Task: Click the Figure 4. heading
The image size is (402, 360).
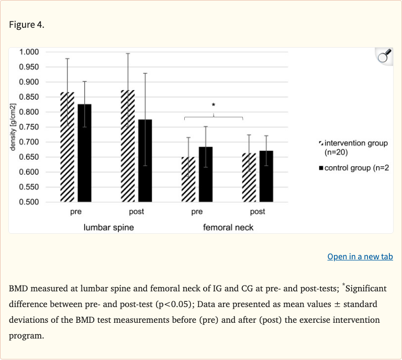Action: coord(27,25)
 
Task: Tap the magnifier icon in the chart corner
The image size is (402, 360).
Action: coord(384,57)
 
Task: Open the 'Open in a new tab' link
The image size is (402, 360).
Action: coord(360,256)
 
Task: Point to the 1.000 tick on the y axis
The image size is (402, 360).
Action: coord(29,52)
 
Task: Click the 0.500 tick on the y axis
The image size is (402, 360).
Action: coord(29,202)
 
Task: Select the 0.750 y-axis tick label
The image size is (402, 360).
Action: coord(29,127)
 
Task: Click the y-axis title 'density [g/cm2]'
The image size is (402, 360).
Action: coord(13,127)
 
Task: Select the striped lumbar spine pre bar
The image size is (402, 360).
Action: coord(67,147)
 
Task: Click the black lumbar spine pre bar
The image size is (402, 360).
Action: coord(84,152)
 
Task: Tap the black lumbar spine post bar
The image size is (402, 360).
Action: coord(145,160)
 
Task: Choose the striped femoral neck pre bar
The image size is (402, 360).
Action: coord(188,179)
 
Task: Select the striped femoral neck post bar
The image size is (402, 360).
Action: coord(249,177)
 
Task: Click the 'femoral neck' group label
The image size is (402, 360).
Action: coord(228,227)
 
